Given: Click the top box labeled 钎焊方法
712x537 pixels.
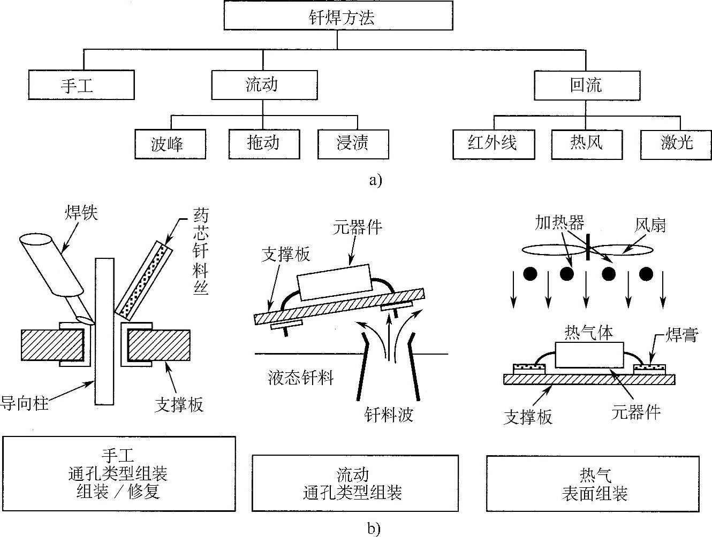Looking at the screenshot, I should point(338,18).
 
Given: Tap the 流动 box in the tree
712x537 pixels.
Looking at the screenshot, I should point(262,85).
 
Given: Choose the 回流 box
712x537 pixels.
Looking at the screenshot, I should point(586,85).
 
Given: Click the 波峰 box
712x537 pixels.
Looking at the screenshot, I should point(170,143).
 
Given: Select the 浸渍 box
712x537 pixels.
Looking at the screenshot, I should point(353,143).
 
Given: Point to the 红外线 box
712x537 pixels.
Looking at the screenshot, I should point(493,143).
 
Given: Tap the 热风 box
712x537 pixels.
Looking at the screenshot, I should point(586,143).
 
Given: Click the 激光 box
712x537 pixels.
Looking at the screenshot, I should point(677,143).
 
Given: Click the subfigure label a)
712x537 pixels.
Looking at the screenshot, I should point(376,180).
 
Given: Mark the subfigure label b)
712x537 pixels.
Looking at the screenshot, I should point(374,529).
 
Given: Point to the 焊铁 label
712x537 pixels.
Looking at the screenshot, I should point(81,214).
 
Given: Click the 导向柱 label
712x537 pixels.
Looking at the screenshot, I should point(25,402).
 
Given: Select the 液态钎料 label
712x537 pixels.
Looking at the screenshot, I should point(300,379).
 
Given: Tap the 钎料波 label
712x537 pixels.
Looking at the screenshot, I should point(389,415).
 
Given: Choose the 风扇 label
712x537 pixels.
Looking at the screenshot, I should point(650,225).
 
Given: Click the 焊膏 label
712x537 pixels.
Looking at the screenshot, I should point(681,335).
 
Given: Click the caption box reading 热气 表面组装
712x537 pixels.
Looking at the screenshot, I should point(593,484).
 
